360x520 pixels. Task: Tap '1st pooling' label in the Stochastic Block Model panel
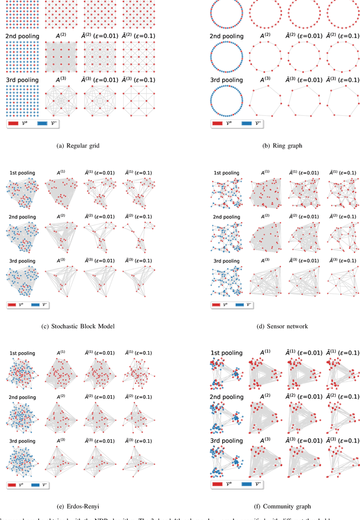point(22,172)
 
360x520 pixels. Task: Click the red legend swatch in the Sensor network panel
point(214,304)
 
